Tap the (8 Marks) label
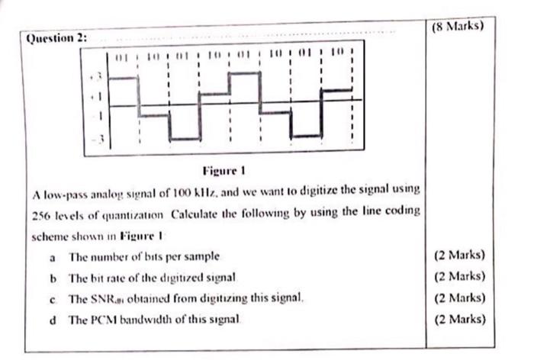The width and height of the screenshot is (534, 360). [458, 24]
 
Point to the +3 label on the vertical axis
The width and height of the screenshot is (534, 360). [96, 77]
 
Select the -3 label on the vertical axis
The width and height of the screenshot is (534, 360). [96, 140]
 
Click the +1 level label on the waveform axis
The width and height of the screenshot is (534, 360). [96, 98]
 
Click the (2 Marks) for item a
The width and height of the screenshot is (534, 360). [458, 256]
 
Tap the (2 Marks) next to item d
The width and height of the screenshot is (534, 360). [458, 318]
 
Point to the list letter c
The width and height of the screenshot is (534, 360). [52, 297]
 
